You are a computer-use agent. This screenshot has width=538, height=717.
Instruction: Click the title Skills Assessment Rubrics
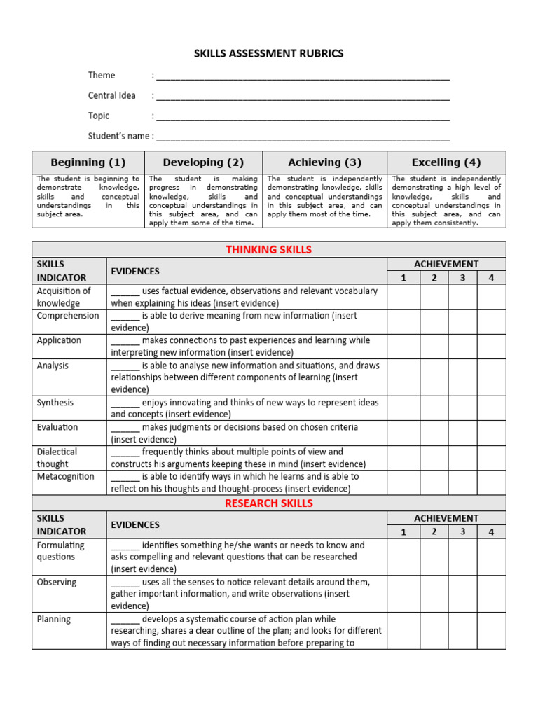point(269,54)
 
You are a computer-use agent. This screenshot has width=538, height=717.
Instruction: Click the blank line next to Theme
point(303,76)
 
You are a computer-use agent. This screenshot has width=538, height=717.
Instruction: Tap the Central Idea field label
point(111,96)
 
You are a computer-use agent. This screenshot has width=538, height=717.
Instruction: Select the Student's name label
point(118,136)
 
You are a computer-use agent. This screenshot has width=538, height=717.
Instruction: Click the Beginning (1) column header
point(88,162)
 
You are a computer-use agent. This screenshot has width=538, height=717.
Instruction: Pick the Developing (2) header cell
point(203,162)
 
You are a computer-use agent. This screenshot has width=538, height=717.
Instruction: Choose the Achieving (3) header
point(324,162)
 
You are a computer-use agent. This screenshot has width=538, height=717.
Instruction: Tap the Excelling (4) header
point(446,162)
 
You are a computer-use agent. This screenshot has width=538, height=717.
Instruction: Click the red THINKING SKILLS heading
point(269,250)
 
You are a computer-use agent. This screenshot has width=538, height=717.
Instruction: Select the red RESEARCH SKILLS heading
point(269,503)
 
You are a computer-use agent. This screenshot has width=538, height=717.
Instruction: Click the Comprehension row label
point(68,316)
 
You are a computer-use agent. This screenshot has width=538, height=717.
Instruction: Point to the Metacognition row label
point(65,477)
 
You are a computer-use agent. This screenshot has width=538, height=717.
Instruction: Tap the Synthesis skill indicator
point(55,403)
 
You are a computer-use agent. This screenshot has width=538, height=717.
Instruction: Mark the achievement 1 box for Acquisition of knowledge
point(403,297)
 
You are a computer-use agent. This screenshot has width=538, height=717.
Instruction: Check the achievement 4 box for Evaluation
point(491,433)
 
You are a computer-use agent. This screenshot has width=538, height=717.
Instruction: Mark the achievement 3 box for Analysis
point(462,377)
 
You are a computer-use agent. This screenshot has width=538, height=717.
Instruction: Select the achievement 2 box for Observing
point(434,594)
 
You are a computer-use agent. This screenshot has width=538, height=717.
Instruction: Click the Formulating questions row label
point(60,551)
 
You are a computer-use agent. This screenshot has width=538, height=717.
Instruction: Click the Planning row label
point(54,619)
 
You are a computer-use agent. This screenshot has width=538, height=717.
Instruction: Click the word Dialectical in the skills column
point(57,452)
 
